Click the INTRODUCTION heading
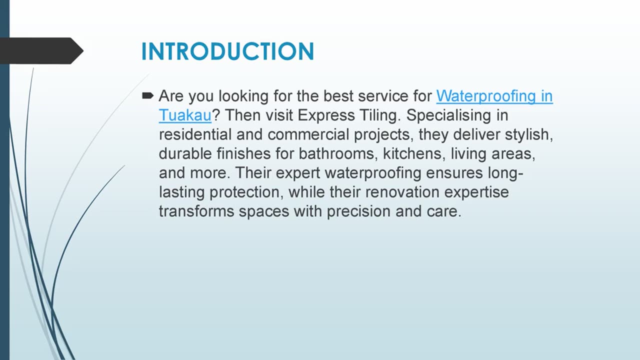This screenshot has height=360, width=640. [x=227, y=51]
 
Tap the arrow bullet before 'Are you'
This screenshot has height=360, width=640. [x=147, y=95]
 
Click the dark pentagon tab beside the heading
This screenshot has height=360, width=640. [x=40, y=50]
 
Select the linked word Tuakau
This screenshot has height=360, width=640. [x=185, y=115]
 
